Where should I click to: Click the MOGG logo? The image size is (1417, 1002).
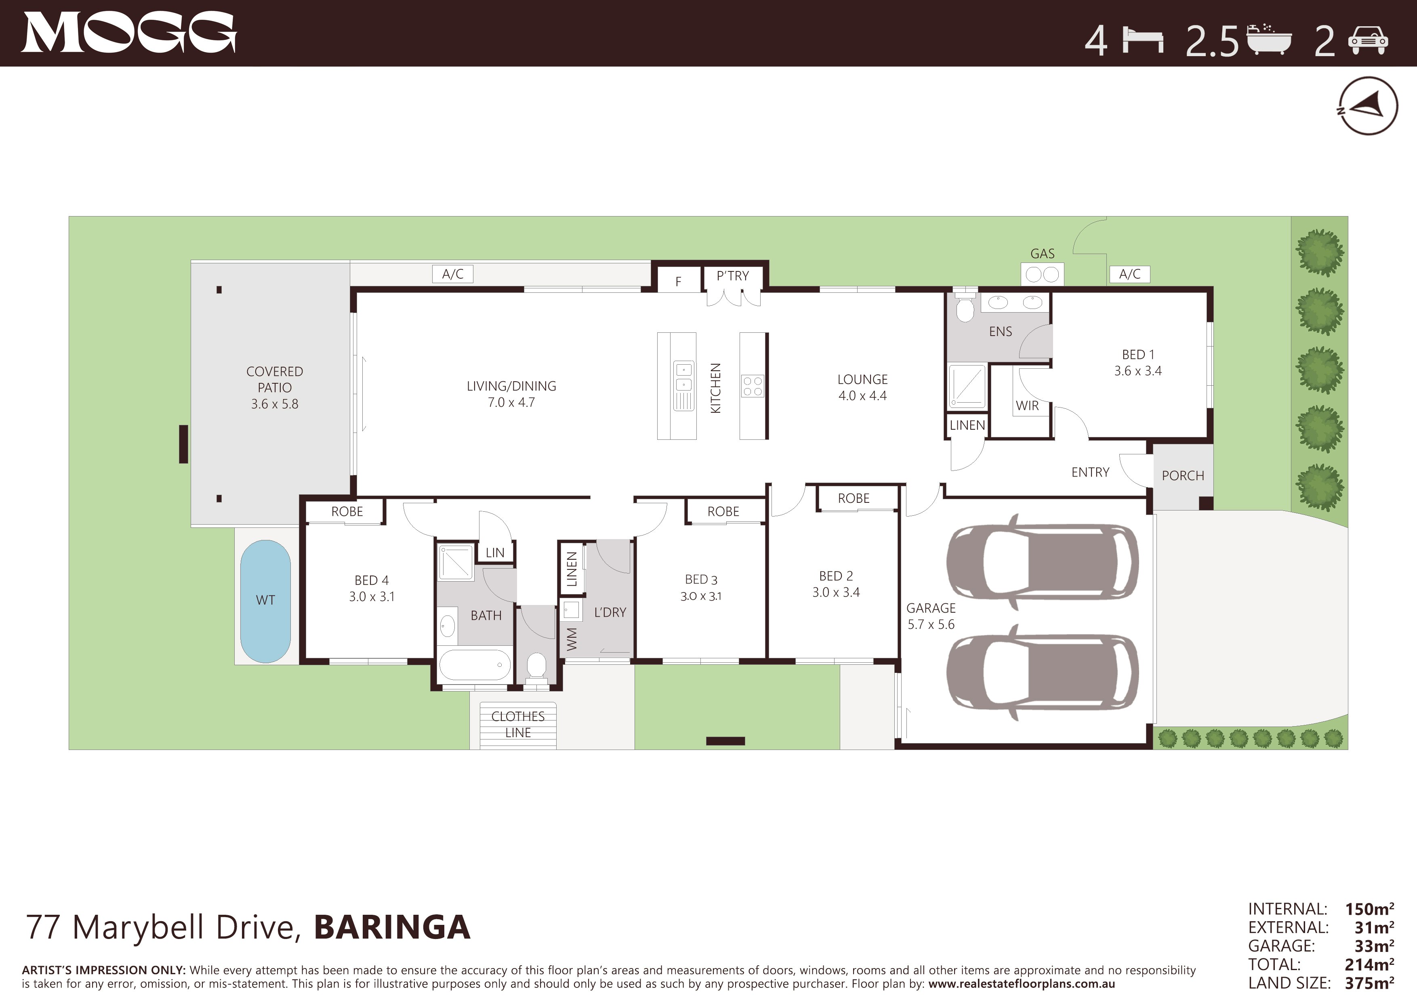(128, 33)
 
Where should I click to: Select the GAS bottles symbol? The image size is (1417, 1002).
(1043, 274)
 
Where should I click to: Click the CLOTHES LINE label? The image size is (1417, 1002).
(518, 725)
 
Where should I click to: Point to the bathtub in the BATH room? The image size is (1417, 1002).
(475, 664)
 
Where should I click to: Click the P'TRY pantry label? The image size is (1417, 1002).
(733, 276)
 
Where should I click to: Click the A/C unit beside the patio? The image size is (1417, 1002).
(453, 274)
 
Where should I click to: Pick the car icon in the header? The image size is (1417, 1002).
(1368, 41)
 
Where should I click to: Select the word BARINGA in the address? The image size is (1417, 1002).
(393, 927)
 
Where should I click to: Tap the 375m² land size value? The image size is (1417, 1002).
(1369, 983)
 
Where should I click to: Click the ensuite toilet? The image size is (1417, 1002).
(965, 306)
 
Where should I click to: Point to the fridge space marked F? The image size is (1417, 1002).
(678, 281)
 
